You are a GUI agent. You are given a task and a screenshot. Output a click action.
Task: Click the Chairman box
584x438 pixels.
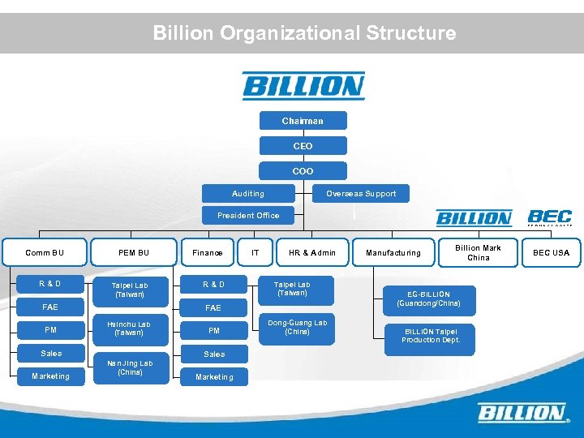(x=303, y=121)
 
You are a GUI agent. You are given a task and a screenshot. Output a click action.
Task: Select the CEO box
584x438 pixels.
(x=303, y=146)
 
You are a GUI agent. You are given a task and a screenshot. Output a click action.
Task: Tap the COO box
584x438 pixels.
(x=303, y=171)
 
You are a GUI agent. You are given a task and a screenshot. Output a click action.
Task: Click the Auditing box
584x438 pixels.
(x=247, y=194)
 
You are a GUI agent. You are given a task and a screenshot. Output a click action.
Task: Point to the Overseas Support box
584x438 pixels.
(x=361, y=194)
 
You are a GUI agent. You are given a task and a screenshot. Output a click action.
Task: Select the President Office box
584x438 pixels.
(x=247, y=216)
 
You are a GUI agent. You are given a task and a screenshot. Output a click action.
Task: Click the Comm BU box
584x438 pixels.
(x=45, y=253)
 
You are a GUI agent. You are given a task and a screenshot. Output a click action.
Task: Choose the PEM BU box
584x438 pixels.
(x=133, y=253)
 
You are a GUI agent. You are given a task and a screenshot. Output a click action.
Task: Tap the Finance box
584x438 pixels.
(x=208, y=253)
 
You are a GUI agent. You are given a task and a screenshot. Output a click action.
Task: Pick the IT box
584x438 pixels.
(x=255, y=253)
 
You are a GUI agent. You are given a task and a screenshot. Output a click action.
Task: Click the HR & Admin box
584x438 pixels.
(x=312, y=253)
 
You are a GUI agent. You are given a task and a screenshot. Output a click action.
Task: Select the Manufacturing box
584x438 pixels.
(x=393, y=253)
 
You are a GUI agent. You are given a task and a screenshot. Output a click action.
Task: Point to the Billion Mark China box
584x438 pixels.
(x=478, y=253)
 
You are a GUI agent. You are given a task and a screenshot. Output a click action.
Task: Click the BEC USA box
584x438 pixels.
(x=551, y=253)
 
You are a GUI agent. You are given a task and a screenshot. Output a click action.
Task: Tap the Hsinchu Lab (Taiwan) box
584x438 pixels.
(x=130, y=328)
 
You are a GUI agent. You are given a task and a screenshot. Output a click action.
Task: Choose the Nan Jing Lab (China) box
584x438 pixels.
(x=130, y=367)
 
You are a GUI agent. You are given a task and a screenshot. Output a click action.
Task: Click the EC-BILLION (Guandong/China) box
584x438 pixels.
(x=428, y=298)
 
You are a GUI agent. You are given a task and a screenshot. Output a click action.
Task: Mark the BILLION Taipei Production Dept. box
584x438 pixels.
(x=429, y=336)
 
